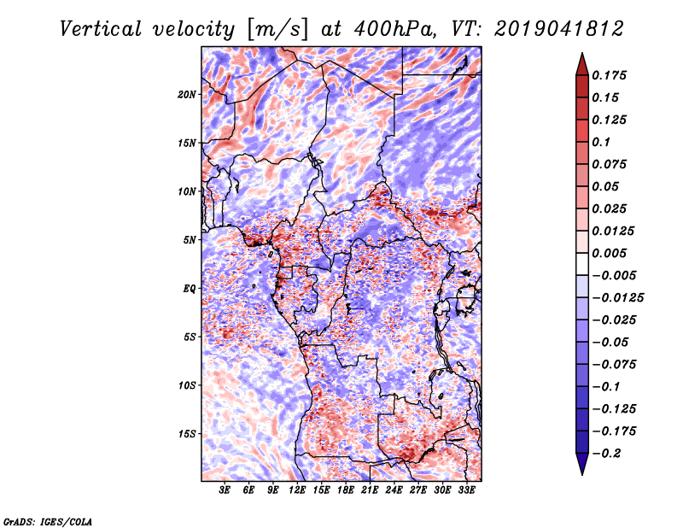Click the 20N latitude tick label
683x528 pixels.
(187, 94)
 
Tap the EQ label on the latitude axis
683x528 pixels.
(190, 289)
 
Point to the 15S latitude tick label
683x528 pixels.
(187, 434)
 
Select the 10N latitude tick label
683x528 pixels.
(187, 191)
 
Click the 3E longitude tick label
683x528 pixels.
(225, 490)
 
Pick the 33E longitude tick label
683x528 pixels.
(466, 490)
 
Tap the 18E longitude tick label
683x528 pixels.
(346, 490)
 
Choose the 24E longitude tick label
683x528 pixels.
(394, 490)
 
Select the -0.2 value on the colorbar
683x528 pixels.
(609, 453)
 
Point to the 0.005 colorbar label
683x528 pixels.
(611, 254)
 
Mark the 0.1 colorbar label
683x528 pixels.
(603, 142)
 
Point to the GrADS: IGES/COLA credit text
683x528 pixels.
(48, 521)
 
